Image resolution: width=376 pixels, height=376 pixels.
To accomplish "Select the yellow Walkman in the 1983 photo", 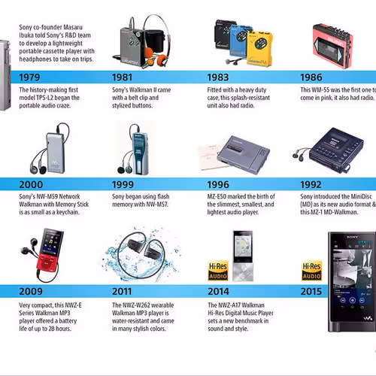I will [259, 45].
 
